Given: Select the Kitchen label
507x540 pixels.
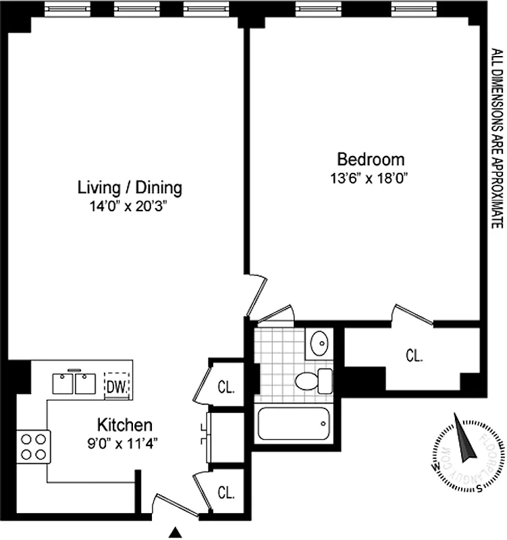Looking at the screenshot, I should tap(124, 425).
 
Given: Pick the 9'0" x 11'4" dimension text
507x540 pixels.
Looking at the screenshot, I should tap(124, 443).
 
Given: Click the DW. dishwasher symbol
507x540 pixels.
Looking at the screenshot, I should tap(115, 386).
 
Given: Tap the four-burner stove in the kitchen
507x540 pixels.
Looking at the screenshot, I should tap(33, 446).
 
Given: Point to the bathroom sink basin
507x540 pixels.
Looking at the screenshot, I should tap(318, 345).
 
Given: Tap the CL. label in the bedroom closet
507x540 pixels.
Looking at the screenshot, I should tap(414, 355).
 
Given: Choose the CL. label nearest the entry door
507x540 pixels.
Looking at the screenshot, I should tap(225, 492).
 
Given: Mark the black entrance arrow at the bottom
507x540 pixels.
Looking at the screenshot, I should tap(176, 533).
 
